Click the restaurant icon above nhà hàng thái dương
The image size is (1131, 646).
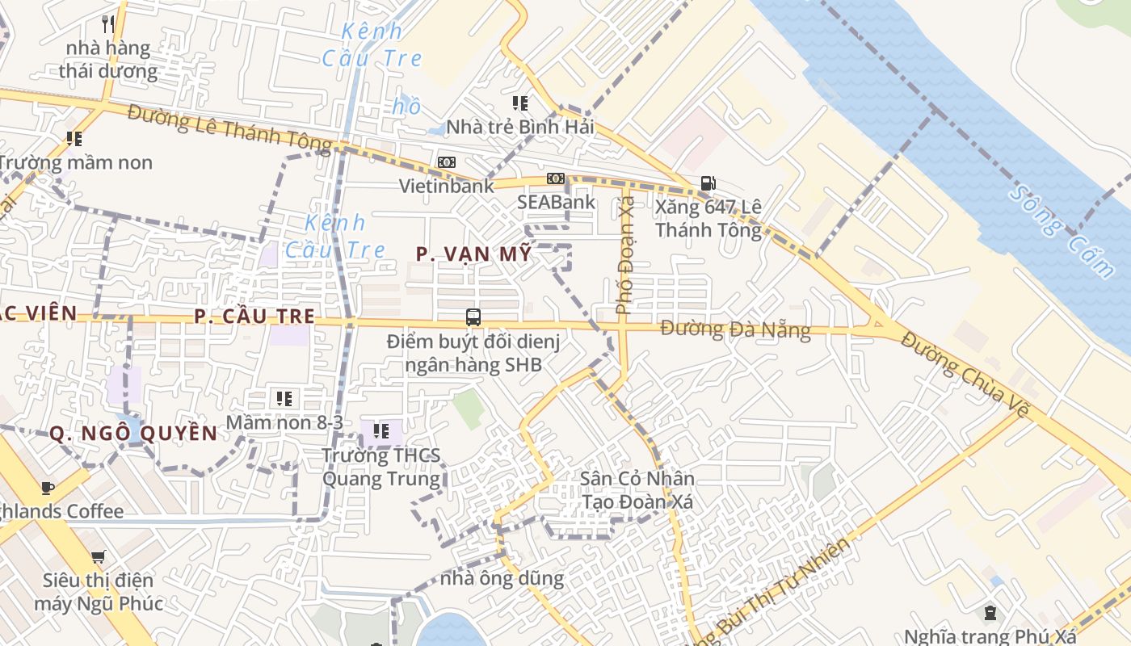click(x=107, y=23)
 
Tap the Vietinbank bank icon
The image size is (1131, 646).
click(x=447, y=162)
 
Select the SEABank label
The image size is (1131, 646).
click(x=557, y=202)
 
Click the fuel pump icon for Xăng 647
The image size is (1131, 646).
click(x=708, y=183)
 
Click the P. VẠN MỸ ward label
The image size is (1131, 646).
click(x=474, y=254)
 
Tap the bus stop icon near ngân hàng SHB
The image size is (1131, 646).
click(x=473, y=317)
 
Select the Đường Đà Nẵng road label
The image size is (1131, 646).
click(x=735, y=329)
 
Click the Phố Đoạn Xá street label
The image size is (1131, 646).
click(x=625, y=258)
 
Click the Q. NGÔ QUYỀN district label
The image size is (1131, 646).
click(x=133, y=434)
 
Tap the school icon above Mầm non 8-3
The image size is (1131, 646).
click(x=284, y=398)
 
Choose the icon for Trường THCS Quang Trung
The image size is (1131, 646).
click(x=381, y=431)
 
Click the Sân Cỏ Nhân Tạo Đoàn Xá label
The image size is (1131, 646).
click(x=637, y=489)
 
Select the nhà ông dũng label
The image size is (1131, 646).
click(x=502, y=578)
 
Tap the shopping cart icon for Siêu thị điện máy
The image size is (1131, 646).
click(x=99, y=556)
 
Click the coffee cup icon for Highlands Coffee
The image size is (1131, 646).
click(x=48, y=487)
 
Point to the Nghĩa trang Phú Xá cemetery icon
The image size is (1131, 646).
click(x=990, y=613)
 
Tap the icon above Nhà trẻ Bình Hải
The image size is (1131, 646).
click(x=520, y=103)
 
